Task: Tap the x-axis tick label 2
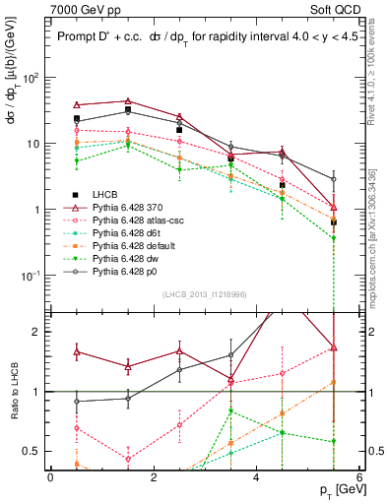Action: [154, 476]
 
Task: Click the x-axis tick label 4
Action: [257, 476]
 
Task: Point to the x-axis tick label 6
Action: [359, 476]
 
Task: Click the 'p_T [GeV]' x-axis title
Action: [335, 489]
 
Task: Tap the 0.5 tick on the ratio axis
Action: [34, 452]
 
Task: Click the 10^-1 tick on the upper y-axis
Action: [32, 277]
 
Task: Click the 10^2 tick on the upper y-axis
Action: [32, 77]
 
